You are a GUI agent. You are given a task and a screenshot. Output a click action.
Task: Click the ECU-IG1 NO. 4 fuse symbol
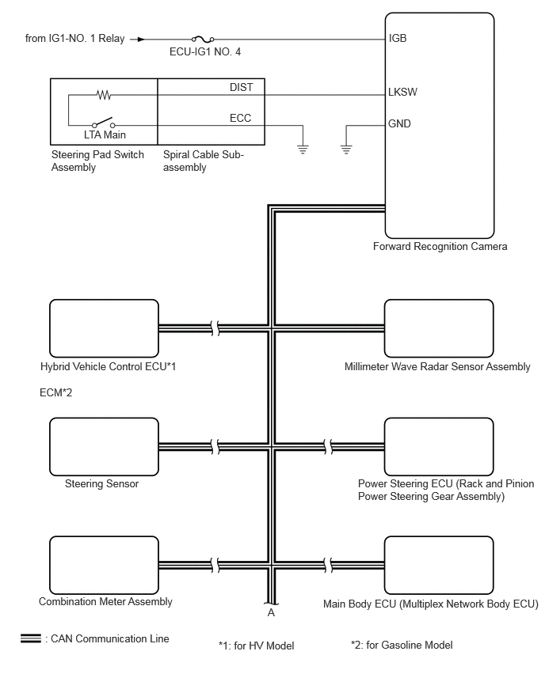coord(203,39)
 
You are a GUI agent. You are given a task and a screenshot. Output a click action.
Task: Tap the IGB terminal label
coord(398,38)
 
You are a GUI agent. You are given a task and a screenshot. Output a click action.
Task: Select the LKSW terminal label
coord(402,92)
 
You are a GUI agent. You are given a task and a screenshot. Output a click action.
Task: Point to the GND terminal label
coord(399,123)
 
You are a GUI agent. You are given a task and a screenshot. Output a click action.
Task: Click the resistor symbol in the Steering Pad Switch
coord(104,95)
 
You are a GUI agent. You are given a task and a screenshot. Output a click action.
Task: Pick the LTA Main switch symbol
coord(103,123)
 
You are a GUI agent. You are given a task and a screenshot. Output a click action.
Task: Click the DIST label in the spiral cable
coord(241,87)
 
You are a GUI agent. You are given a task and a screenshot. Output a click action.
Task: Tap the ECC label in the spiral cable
coord(240,118)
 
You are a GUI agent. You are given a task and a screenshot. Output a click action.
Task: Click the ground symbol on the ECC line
coord(303,150)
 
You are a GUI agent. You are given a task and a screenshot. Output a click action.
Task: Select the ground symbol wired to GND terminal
coord(346,150)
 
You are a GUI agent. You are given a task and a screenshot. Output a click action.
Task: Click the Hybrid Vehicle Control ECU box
coord(105,328)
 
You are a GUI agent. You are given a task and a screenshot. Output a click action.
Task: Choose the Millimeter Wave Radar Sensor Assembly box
coord(439,328)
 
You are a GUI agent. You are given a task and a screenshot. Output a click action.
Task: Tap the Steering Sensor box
coord(105,447)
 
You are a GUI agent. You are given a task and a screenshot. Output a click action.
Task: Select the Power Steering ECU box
coord(439,447)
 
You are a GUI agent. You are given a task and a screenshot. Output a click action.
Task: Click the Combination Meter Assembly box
coord(105,566)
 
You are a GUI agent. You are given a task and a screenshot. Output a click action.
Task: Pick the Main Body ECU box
coord(439,566)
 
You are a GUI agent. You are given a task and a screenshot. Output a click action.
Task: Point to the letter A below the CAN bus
coord(271,612)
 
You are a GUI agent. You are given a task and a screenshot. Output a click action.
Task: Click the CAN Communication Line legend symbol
coord(31,638)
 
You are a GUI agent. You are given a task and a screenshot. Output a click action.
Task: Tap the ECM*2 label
coord(56,392)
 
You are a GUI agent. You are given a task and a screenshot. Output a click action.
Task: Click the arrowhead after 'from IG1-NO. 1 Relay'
coord(141,40)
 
